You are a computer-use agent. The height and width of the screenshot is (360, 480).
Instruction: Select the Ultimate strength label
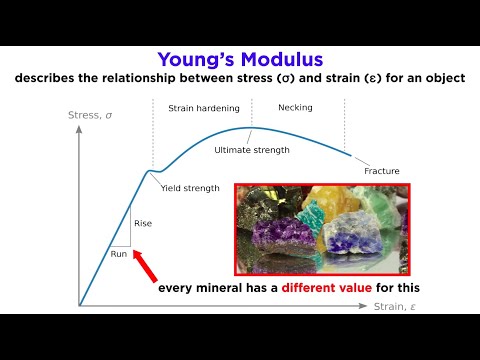click(252, 150)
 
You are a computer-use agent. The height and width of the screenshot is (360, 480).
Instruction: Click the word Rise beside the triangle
click(143, 223)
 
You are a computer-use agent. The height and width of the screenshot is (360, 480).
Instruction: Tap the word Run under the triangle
click(119, 254)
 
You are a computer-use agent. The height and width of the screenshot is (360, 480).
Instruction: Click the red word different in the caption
click(318, 288)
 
